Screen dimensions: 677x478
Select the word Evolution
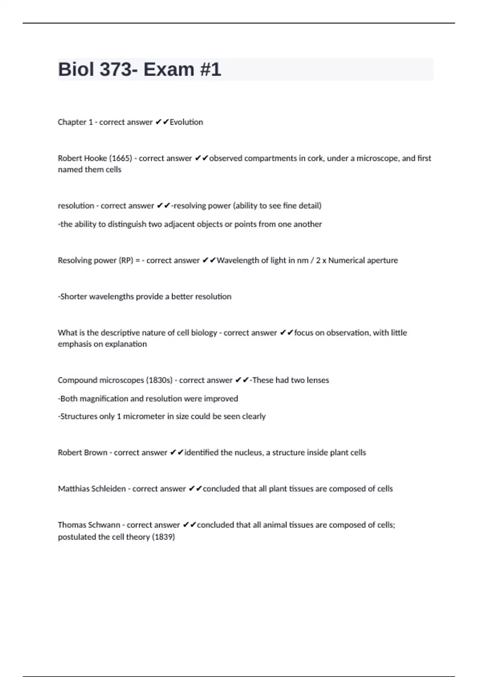(x=186, y=122)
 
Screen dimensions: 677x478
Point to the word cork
(x=315, y=158)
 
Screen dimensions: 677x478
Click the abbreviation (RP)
(x=126, y=260)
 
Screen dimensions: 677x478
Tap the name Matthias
(x=74, y=489)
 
